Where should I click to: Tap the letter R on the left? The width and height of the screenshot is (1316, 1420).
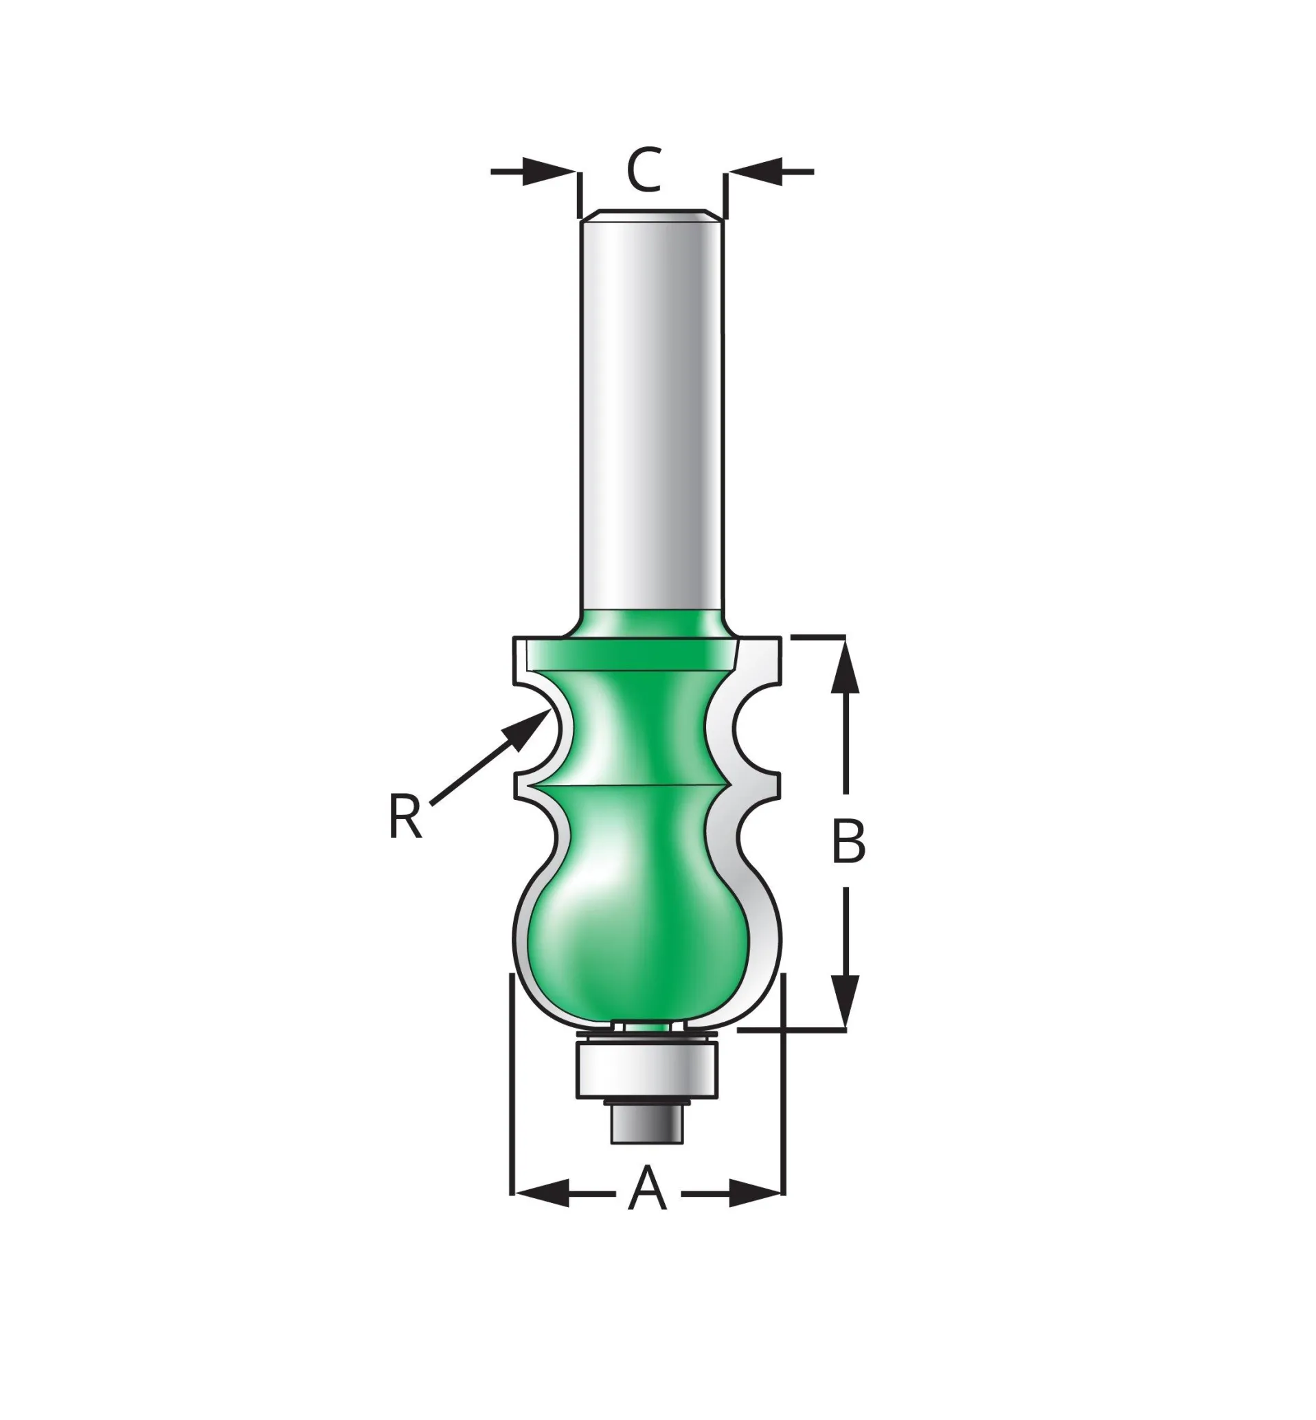[405, 816]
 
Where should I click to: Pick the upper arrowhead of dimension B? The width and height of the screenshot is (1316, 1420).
[846, 665]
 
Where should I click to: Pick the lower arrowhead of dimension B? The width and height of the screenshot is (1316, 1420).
[846, 1001]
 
